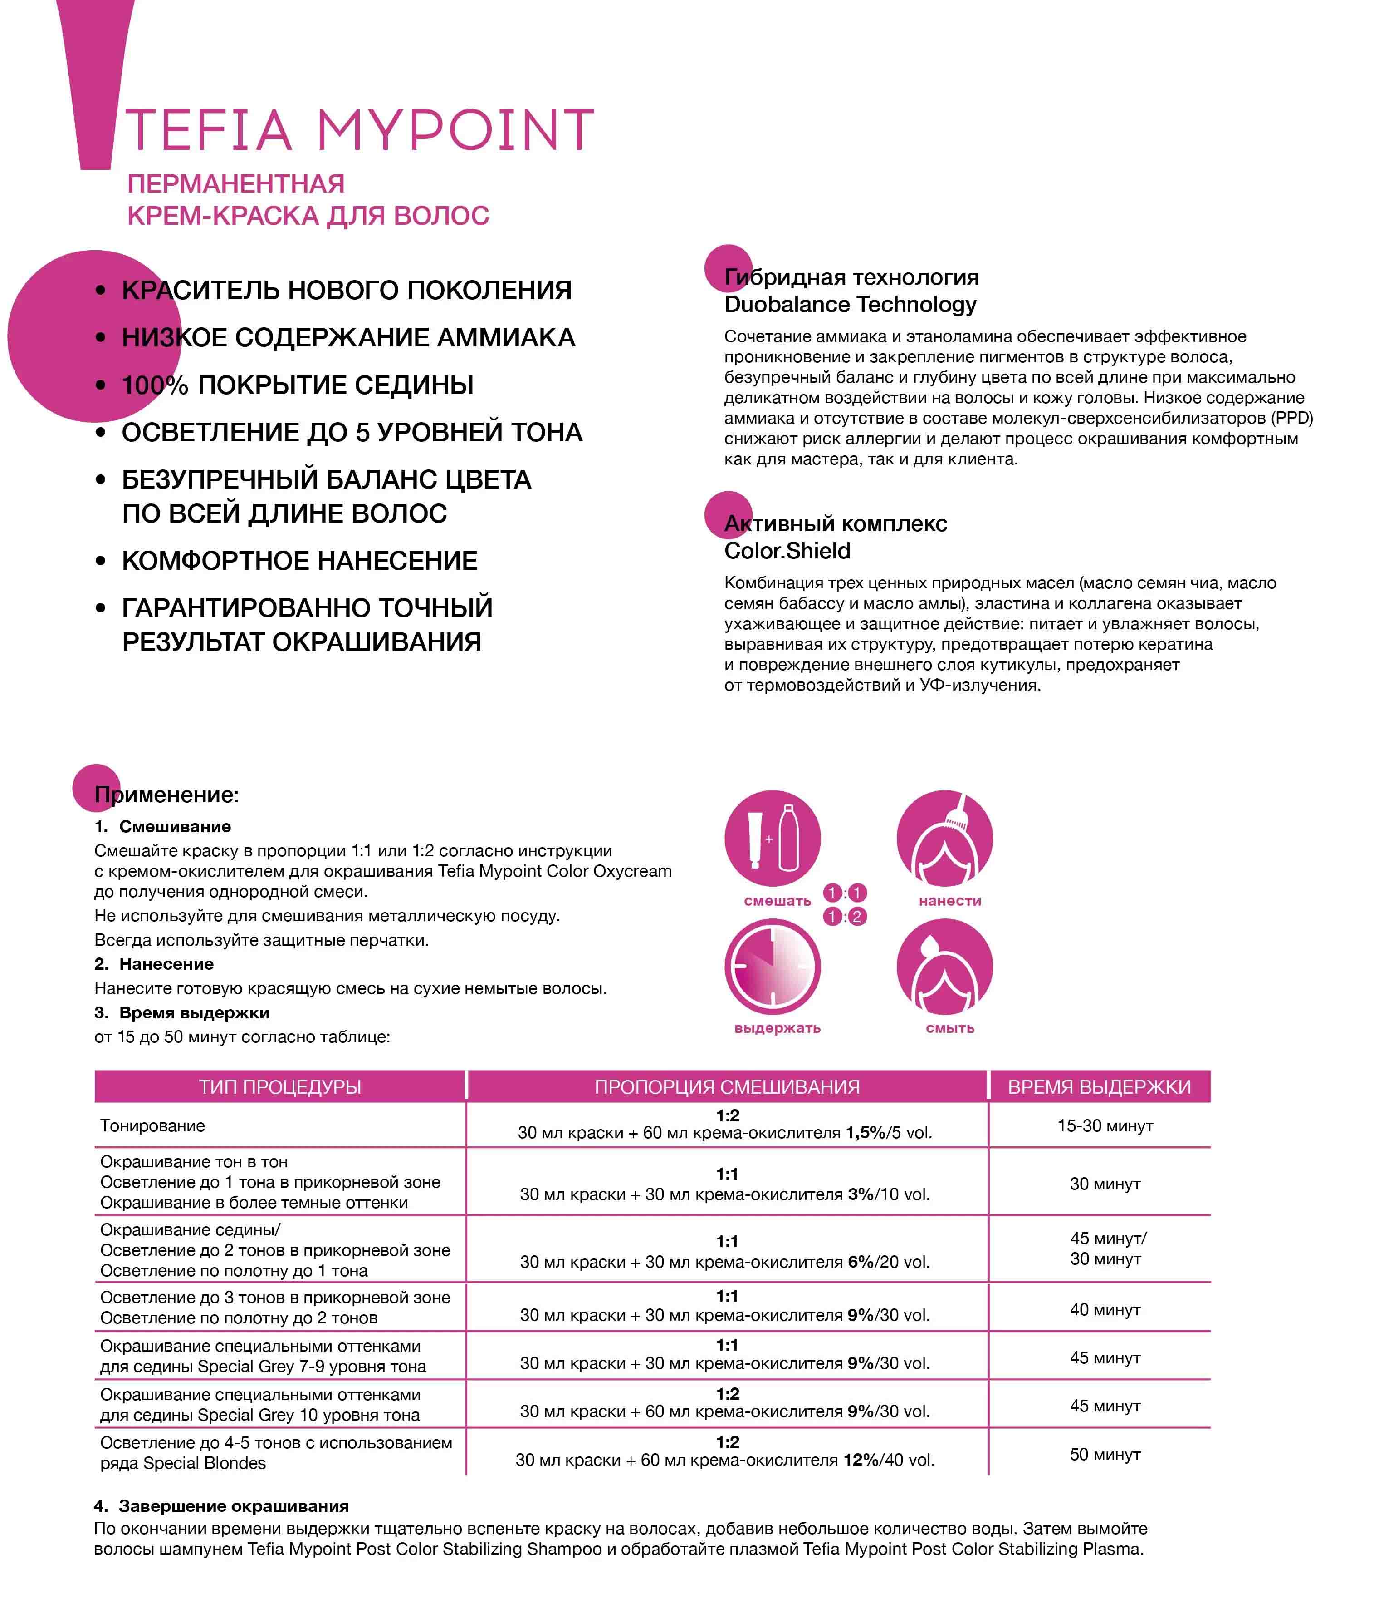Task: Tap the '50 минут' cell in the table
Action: click(x=1105, y=1455)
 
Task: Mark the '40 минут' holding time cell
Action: click(x=1105, y=1310)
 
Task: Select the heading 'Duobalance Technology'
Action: click(x=850, y=305)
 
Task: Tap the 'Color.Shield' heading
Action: click(x=787, y=551)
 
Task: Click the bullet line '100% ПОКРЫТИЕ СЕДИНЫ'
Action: click(x=298, y=385)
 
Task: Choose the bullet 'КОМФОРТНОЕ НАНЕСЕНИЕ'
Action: click(x=299, y=561)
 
